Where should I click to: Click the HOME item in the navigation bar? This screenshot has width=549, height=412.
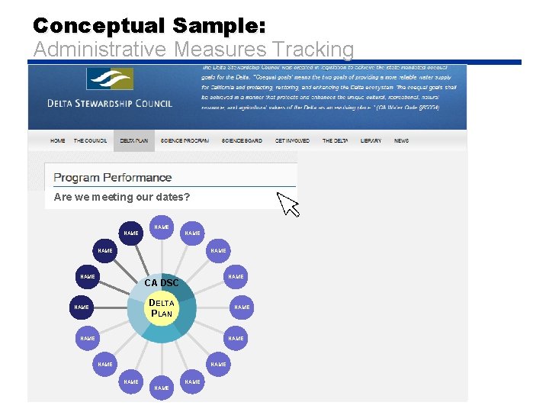pos(58,141)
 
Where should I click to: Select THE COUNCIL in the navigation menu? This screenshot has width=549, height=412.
pos(90,141)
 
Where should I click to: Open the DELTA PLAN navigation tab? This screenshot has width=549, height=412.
pos(133,141)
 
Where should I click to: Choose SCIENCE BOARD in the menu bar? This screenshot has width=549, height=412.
pos(242,141)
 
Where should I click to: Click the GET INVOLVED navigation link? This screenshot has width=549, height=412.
pos(292,141)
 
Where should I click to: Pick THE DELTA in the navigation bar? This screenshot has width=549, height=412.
pos(335,141)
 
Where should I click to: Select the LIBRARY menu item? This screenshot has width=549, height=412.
pos(371,141)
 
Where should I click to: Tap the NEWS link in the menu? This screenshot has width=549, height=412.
pos(401,141)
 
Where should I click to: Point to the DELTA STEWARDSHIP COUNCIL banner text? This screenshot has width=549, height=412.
pos(110,104)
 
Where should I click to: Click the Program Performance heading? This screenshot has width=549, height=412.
pos(113,178)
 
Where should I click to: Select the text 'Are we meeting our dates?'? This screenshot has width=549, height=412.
pos(122,197)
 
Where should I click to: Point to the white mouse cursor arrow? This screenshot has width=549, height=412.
pos(287,203)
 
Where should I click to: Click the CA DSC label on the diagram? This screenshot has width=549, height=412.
pos(162,283)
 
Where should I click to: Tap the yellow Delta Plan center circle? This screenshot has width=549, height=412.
pos(162,308)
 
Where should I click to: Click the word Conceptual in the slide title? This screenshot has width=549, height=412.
pos(99,25)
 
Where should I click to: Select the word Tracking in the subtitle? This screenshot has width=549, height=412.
pos(313,50)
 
